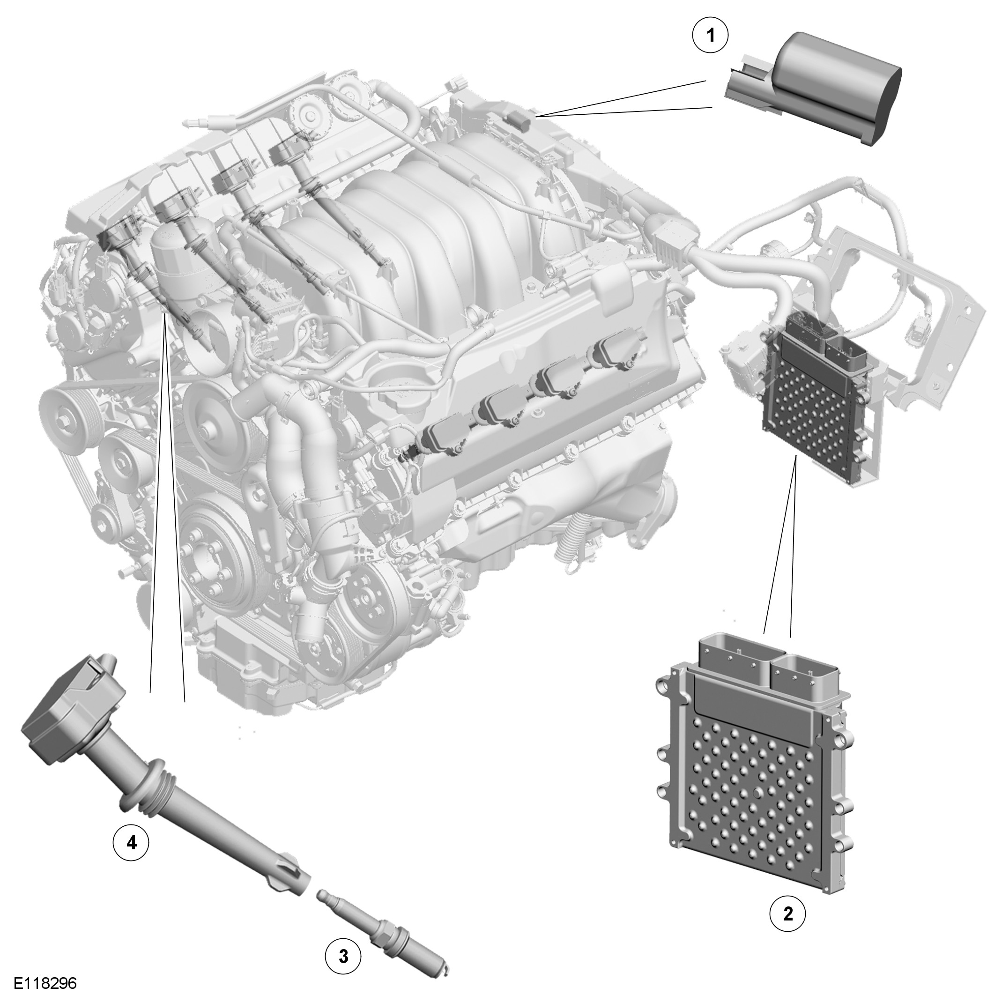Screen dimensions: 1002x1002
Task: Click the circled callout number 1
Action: (711, 35)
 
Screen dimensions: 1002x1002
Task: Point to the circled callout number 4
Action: (131, 843)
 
